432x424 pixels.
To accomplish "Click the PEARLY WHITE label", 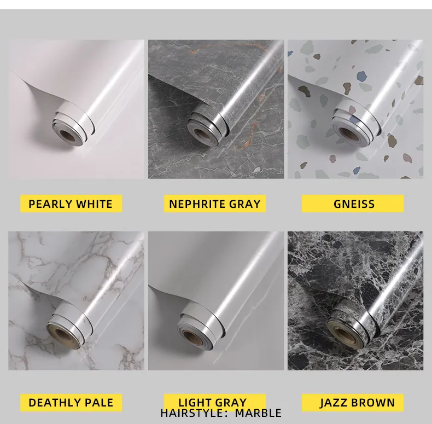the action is tap(71, 204).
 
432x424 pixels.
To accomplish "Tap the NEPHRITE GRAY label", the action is tap(215, 204).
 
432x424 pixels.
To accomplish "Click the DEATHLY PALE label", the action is tap(71, 403).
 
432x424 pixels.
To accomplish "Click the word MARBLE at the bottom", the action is tap(258, 413).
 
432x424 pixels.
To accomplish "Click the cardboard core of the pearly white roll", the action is tap(67, 135).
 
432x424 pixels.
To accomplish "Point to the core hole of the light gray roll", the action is tap(190, 336).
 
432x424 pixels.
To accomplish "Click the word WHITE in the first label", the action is tap(94, 204).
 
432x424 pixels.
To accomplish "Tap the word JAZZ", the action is tap(333, 403).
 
